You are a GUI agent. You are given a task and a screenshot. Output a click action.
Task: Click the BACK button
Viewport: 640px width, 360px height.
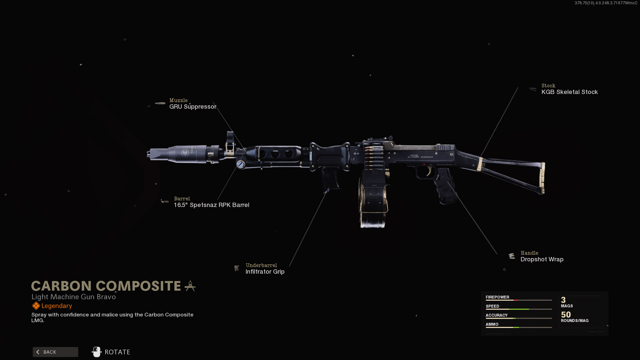tap(55, 352)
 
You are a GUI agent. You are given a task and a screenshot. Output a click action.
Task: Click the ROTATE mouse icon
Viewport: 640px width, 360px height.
tap(97, 352)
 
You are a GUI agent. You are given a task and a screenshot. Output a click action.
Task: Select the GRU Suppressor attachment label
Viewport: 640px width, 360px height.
tap(193, 107)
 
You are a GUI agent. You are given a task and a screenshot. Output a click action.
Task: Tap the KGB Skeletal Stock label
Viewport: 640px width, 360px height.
tap(569, 92)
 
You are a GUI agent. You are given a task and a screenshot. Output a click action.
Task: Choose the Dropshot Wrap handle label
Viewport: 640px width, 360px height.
tap(542, 259)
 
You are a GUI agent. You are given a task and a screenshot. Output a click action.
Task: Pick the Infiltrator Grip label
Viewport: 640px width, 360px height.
tap(265, 272)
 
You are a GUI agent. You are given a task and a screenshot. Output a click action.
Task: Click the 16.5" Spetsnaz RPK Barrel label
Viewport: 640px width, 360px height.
tap(211, 205)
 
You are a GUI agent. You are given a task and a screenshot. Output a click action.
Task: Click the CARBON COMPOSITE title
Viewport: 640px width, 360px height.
tap(106, 286)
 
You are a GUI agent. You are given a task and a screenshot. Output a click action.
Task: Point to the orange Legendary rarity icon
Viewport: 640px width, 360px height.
tap(36, 306)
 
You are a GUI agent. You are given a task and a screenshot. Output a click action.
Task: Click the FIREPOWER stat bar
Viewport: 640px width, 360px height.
tap(518, 300)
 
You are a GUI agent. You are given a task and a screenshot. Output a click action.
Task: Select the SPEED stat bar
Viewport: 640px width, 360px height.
tap(518, 309)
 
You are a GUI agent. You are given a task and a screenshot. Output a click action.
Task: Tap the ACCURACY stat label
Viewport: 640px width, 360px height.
tap(496, 315)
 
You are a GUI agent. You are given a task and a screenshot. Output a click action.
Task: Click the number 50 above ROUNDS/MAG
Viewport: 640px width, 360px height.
tap(566, 315)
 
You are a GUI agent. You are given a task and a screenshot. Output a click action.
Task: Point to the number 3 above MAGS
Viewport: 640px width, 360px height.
tap(563, 300)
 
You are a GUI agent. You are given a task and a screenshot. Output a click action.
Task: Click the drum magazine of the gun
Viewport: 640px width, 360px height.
tap(373, 200)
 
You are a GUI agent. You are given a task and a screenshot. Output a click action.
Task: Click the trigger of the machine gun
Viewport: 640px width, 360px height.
tap(429, 172)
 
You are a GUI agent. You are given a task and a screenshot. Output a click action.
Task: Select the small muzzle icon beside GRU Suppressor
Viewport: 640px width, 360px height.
tap(160, 103)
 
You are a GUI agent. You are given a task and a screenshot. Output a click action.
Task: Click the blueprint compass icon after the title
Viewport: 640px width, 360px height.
tap(190, 286)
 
